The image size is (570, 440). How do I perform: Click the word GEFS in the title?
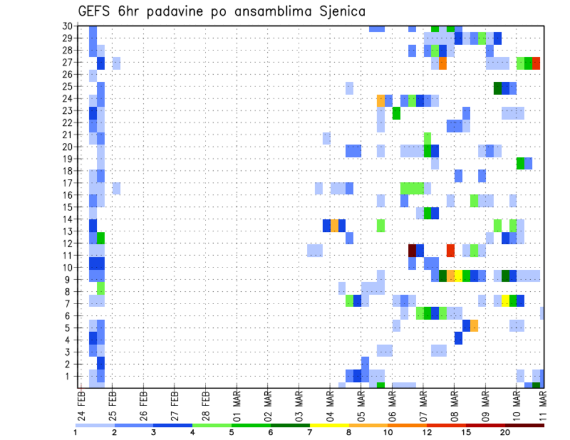pos(97,11)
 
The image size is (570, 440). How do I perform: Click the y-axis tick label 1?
pos(69,376)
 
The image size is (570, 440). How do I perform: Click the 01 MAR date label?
pos(236,404)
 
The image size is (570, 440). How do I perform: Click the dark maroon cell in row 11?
pos(412,250)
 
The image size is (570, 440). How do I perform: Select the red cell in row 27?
pos(536,63)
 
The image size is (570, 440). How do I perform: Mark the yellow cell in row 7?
pos(505,301)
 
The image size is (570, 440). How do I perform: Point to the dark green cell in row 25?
pos(498,88)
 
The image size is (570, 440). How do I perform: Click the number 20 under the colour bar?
pos(505,432)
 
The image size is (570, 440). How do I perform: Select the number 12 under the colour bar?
pos(427,432)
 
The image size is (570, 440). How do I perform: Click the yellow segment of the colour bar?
pos(330,425)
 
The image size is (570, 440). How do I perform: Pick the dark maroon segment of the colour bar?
pos(525,425)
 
